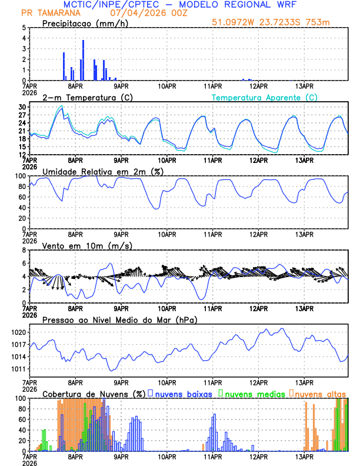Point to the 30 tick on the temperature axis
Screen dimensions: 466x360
click(x=24, y=106)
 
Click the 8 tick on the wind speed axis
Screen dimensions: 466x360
click(x=24, y=249)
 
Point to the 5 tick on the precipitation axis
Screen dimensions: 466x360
click(x=24, y=28)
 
